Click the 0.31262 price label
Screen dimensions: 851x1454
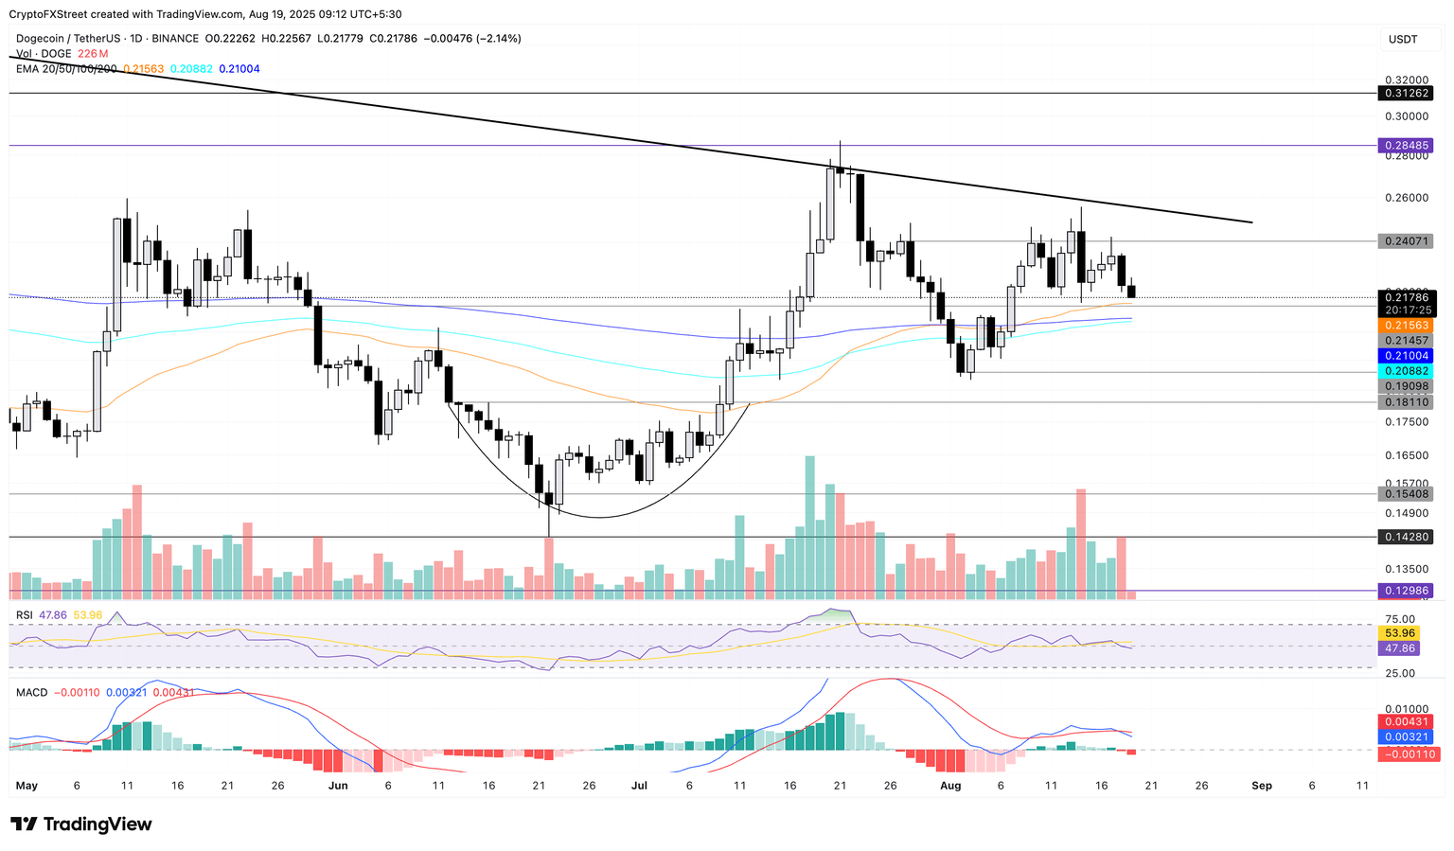pyautogui.click(x=1406, y=94)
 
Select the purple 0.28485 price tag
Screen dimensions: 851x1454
pyautogui.click(x=1406, y=146)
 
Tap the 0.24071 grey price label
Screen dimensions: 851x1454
pyautogui.click(x=1406, y=241)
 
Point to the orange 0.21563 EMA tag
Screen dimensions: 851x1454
pyautogui.click(x=1406, y=325)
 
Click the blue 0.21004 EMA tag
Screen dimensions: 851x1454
pyautogui.click(x=1406, y=356)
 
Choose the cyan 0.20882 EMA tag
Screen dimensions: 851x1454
pyautogui.click(x=1406, y=371)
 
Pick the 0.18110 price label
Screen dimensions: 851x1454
pyautogui.click(x=1406, y=402)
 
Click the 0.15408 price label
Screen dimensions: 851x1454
pyautogui.click(x=1406, y=494)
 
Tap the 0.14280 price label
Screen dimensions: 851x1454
pyautogui.click(x=1406, y=537)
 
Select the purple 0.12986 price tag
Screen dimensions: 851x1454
pyautogui.click(x=1406, y=591)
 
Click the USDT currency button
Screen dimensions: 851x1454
pyautogui.click(x=1403, y=39)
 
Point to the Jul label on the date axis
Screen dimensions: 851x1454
pyautogui.click(x=639, y=786)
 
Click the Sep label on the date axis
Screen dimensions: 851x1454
pyautogui.click(x=1262, y=786)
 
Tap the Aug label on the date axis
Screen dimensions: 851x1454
pyautogui.click(x=950, y=786)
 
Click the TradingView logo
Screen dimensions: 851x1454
pyautogui.click(x=81, y=824)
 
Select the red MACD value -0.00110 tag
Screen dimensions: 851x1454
pyautogui.click(x=1406, y=754)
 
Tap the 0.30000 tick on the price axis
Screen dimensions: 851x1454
pyautogui.click(x=1406, y=116)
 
